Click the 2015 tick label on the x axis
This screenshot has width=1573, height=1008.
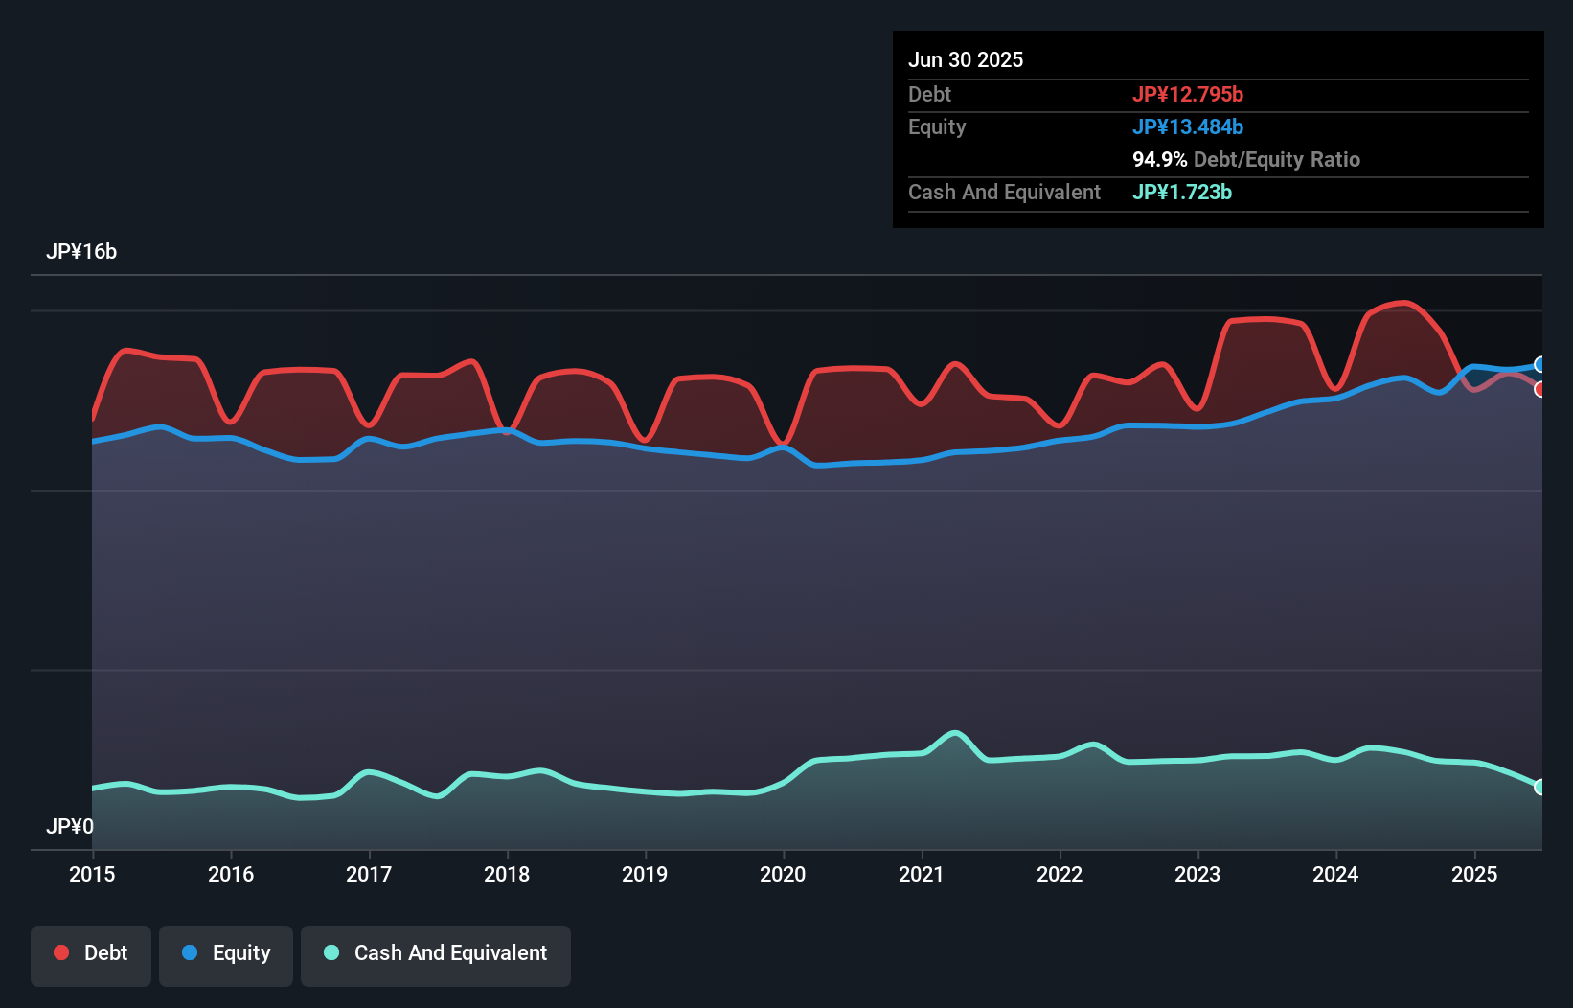tap(92, 874)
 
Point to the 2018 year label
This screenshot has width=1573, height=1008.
tap(507, 874)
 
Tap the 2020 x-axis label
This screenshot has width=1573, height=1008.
tap(783, 874)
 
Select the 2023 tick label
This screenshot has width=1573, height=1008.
tap(1197, 874)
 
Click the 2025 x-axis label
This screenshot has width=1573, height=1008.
tap(1474, 874)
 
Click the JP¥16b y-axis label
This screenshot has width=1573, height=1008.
tap(81, 251)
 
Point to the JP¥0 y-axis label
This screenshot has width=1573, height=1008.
tap(70, 826)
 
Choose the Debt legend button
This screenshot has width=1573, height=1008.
tap(91, 953)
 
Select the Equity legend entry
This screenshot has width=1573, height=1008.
tap(226, 953)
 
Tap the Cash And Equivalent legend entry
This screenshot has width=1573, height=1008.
tap(436, 953)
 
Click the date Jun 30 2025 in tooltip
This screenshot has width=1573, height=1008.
tap(966, 59)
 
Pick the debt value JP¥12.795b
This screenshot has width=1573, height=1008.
tap(1188, 94)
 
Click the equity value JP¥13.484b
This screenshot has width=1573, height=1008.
tap(1188, 126)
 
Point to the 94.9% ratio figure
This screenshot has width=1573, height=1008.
tap(1159, 159)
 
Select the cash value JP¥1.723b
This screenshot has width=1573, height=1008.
tap(1182, 192)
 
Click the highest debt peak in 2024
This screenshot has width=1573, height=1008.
tap(1404, 303)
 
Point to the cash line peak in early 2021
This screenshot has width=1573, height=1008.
tap(954, 733)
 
